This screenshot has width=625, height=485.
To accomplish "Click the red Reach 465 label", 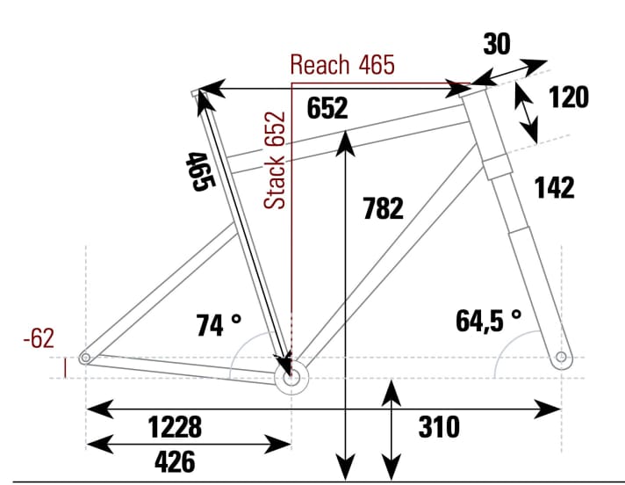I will click(x=342, y=64).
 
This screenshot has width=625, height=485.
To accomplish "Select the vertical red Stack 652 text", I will click(x=277, y=160).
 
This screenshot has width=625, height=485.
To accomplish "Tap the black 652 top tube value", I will click(x=327, y=108).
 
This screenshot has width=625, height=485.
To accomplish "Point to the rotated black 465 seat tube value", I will click(x=199, y=171).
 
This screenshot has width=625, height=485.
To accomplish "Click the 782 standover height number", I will click(x=383, y=208).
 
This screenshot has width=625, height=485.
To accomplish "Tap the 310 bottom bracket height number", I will click(x=439, y=427).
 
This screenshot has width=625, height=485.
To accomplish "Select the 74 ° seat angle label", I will click(x=219, y=325).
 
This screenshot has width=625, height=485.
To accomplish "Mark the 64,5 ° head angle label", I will click(x=488, y=320).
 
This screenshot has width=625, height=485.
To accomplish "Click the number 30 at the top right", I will click(x=498, y=43).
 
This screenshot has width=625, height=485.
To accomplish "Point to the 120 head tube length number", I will click(x=568, y=98).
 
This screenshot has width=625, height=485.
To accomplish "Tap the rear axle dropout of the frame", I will click(x=85, y=358).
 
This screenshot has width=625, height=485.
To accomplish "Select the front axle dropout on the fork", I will click(x=561, y=358).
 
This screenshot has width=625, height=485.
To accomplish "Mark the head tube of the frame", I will click(x=485, y=132).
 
